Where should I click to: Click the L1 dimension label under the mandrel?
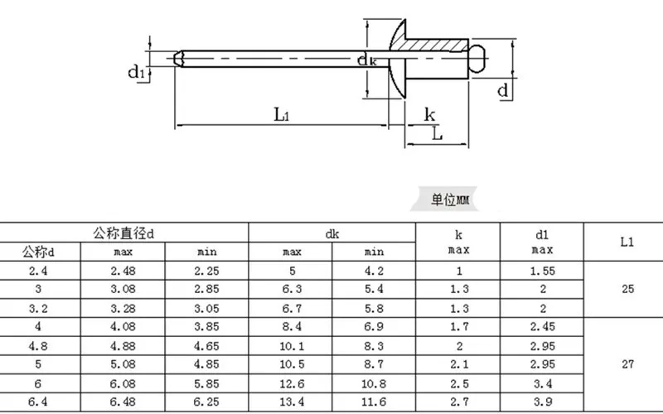(282, 114)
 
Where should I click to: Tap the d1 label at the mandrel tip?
(136, 71)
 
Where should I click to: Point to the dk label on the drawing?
(366, 60)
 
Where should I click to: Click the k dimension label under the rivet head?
(429, 114)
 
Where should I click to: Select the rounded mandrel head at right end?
(477, 58)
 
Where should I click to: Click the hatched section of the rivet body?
(436, 46)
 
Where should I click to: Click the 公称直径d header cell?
(123, 233)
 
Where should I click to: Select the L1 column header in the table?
(627, 242)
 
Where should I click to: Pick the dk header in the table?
(332, 233)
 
